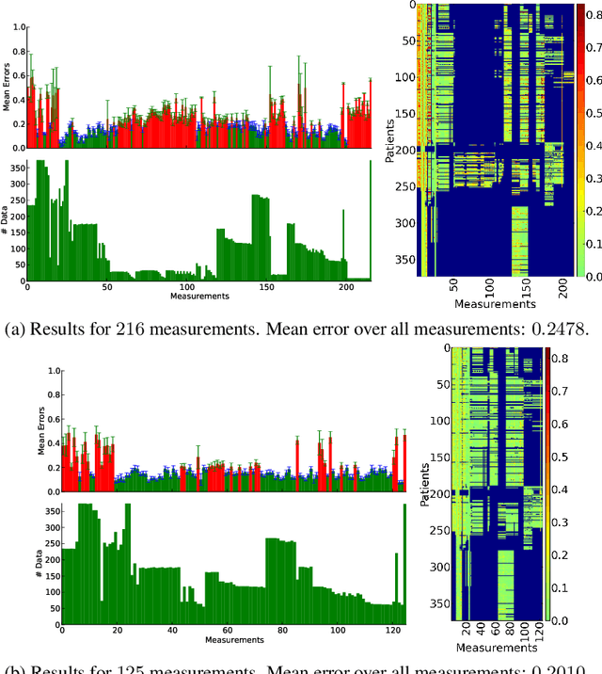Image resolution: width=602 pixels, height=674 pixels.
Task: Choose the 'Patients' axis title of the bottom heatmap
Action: [426, 483]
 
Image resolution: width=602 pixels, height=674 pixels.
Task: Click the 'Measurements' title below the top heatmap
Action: [495, 304]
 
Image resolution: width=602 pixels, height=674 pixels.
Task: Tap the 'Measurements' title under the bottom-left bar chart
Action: [233, 640]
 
